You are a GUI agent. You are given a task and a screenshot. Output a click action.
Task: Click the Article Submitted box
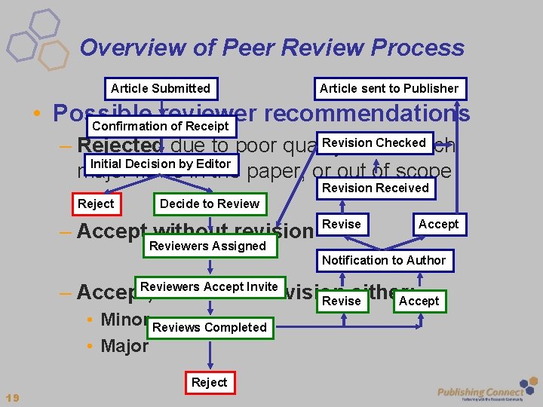(x=161, y=89)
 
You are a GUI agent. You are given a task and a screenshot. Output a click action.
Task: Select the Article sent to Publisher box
(x=388, y=89)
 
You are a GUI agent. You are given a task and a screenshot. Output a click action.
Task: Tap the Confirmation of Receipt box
(x=161, y=126)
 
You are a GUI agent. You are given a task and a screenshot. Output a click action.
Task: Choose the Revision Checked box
(x=373, y=143)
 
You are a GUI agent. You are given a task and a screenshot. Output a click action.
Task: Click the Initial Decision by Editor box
(x=160, y=164)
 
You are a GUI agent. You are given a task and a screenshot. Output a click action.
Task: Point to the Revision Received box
(x=375, y=188)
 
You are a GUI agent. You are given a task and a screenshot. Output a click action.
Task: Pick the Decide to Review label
(x=209, y=203)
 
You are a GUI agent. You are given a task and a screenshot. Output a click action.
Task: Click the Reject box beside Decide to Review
(x=96, y=203)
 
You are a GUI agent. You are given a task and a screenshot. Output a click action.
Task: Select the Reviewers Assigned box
(x=207, y=246)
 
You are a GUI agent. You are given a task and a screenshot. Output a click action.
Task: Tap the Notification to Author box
(x=384, y=260)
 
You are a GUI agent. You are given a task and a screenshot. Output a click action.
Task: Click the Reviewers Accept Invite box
(x=209, y=286)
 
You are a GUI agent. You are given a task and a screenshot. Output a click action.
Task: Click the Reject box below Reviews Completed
(x=209, y=382)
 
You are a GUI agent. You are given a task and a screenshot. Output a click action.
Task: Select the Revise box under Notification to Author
(x=342, y=301)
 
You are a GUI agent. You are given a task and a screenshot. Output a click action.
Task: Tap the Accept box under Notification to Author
(x=419, y=301)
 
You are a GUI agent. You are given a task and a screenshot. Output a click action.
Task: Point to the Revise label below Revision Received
(x=342, y=224)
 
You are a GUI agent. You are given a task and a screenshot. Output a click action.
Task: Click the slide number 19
(x=12, y=397)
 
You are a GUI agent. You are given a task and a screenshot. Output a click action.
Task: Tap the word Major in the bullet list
(x=124, y=347)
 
